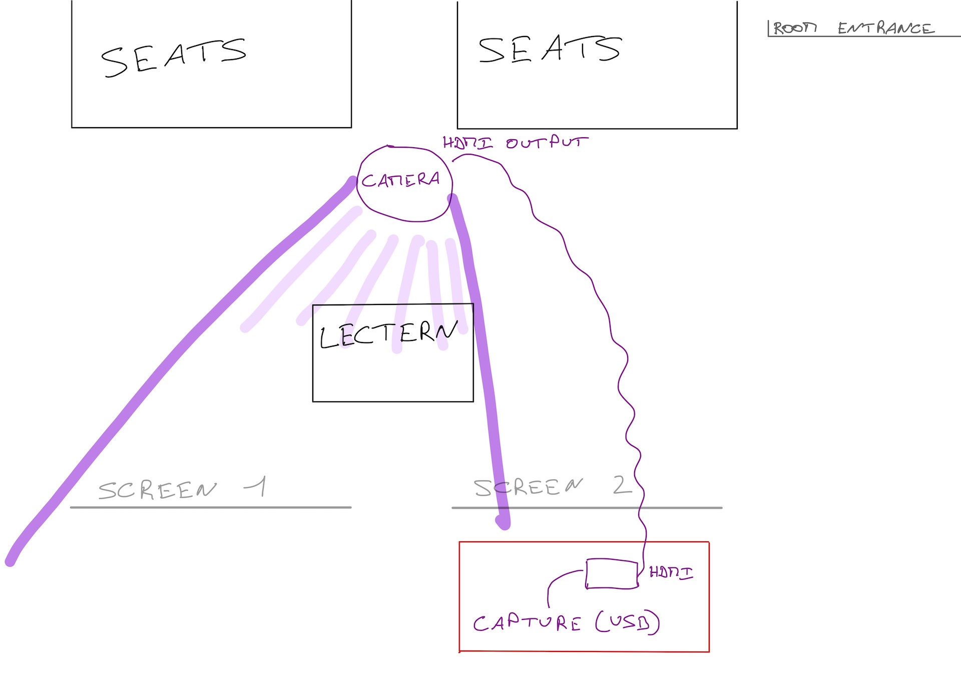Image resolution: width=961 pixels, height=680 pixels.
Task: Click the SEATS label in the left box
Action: point(173,58)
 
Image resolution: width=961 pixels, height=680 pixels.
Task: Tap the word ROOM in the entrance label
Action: point(795,28)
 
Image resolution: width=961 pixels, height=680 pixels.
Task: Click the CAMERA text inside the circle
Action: point(400,180)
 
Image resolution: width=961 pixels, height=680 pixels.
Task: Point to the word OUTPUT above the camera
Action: point(547,143)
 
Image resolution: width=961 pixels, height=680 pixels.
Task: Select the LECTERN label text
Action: point(388,334)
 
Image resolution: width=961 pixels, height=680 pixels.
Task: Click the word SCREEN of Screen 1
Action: point(157,490)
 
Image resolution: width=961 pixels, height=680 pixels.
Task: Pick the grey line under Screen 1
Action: point(210,507)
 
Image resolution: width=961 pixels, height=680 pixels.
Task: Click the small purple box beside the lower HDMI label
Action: point(612,574)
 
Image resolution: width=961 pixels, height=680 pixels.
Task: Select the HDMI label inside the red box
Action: point(671,572)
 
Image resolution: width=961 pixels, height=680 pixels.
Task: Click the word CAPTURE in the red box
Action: point(527,623)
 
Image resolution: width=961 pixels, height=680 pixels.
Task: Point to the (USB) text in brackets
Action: point(628,622)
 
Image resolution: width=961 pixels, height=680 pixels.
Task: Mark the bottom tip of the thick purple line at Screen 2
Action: point(504,524)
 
